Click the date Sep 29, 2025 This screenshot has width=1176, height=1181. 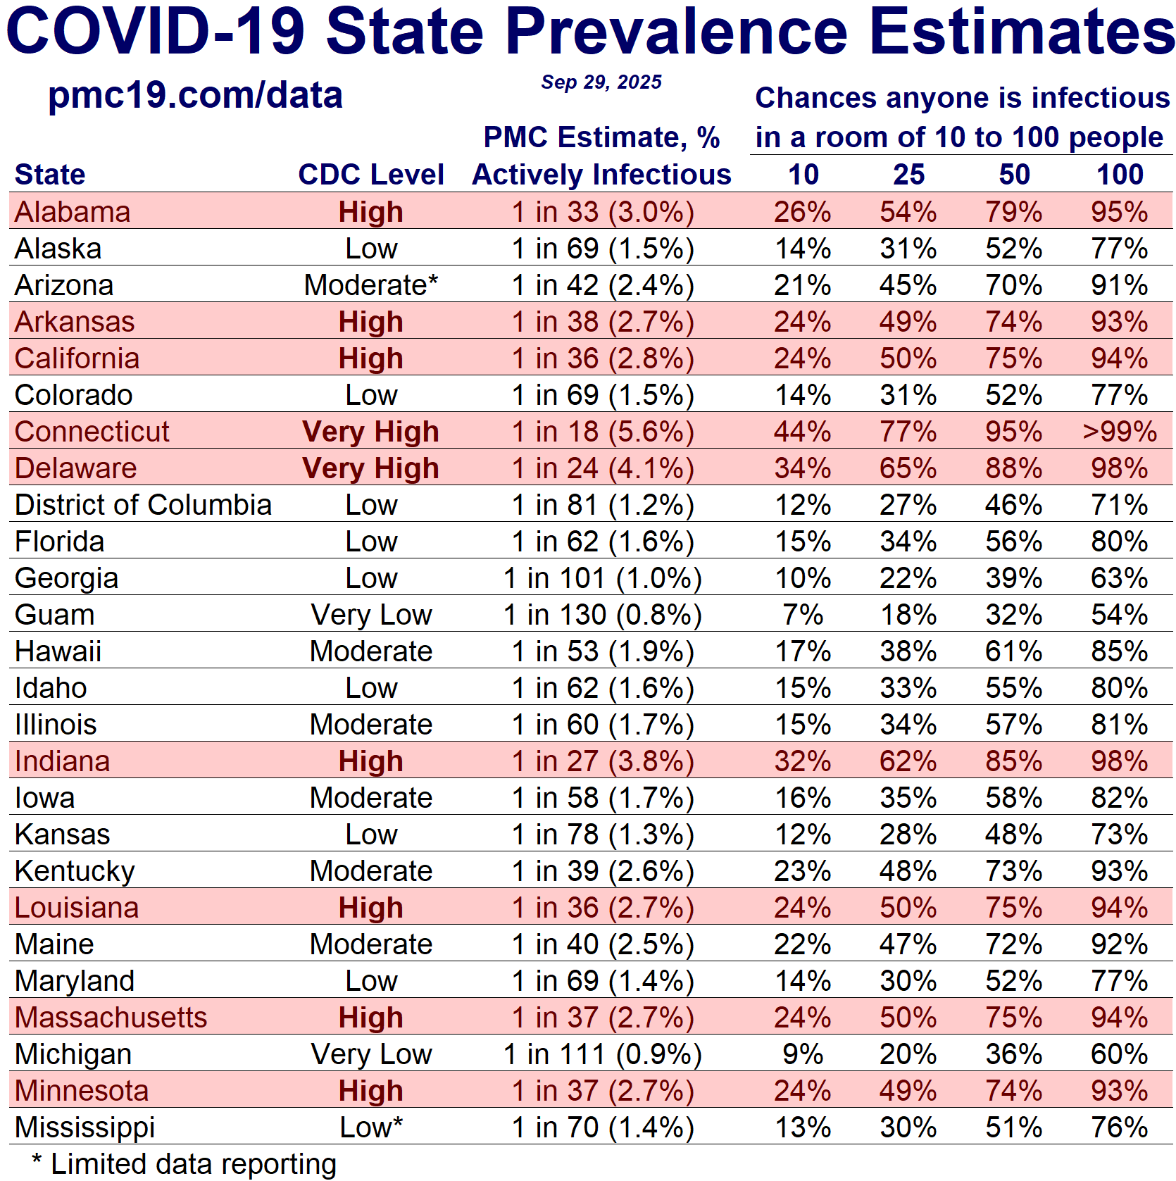pos(601,82)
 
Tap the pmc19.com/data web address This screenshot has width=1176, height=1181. pos(195,95)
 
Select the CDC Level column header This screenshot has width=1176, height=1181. pos(370,175)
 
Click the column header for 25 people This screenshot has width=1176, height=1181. pos(908,175)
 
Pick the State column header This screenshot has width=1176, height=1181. pos(50,175)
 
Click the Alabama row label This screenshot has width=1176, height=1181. pos(73,212)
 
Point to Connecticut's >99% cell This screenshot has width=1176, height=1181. pos(1119,432)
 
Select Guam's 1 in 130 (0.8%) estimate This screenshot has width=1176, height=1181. pos(603,615)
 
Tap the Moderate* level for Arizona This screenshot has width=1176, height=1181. pos(370,285)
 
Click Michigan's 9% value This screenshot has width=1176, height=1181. pos(803,1054)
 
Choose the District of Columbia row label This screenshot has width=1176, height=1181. pos(143,505)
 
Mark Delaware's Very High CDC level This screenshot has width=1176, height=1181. pos(370,468)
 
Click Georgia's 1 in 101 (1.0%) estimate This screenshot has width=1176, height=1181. pos(603,578)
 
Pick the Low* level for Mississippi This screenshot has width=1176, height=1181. pos(370,1127)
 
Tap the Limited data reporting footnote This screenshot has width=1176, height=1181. pos(184,1164)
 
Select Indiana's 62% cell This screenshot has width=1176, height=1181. pos(908,761)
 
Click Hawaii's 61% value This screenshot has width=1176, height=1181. pos(1013,651)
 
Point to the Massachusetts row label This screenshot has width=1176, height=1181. pos(111,1018)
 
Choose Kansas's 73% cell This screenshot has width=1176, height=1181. pos(1119,835)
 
